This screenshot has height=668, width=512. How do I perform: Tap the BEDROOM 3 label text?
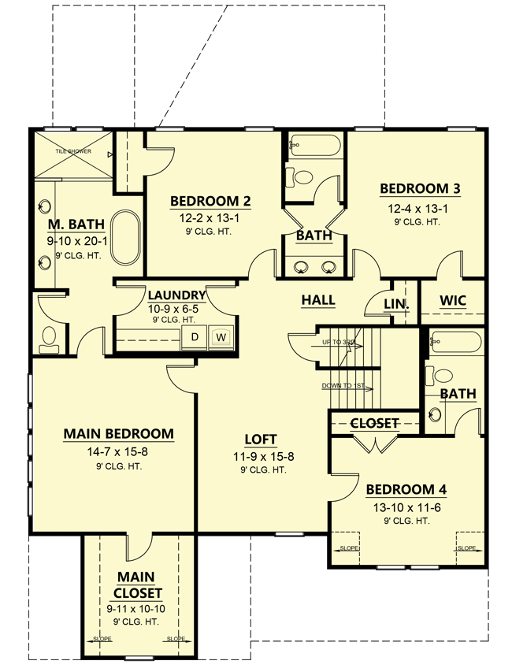(x=420, y=189)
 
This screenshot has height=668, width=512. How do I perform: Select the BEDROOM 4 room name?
(x=406, y=489)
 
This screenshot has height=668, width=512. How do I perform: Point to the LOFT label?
(x=261, y=439)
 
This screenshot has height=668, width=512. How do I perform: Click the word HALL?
(x=318, y=300)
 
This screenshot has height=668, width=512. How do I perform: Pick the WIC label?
(x=453, y=301)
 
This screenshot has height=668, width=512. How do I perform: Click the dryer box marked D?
(x=193, y=337)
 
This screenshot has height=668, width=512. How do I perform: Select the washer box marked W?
(x=221, y=337)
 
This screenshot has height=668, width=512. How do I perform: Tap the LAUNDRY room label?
(x=177, y=295)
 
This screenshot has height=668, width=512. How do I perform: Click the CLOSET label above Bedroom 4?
(x=374, y=423)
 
